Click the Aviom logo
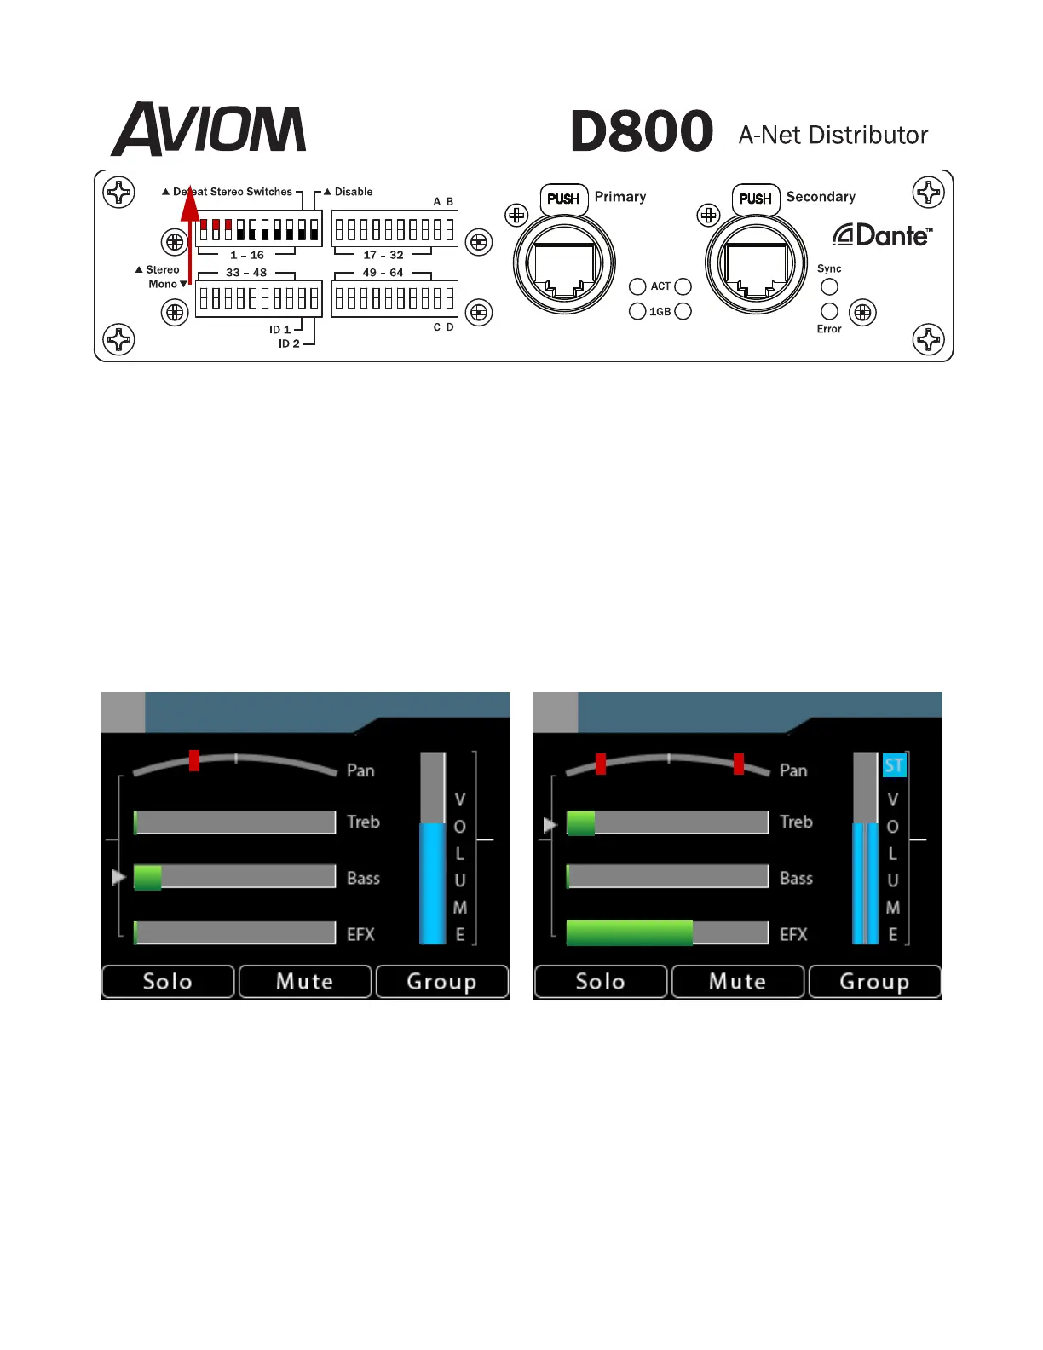point(209,130)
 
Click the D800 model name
point(642,131)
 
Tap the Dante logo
point(882,235)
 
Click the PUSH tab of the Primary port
point(563,199)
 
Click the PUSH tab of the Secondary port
point(756,199)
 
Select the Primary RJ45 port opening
point(564,266)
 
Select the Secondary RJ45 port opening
point(756,266)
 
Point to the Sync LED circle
point(829,287)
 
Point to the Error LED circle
point(829,311)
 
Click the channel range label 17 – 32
point(383,255)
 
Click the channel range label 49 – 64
point(383,273)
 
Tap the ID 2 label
point(289,343)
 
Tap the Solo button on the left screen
point(168,981)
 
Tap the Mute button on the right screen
point(738,981)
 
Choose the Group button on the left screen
point(441,981)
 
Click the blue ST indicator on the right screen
point(893,765)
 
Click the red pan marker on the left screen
point(194,760)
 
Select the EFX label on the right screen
point(793,934)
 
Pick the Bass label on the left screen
point(363,878)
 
